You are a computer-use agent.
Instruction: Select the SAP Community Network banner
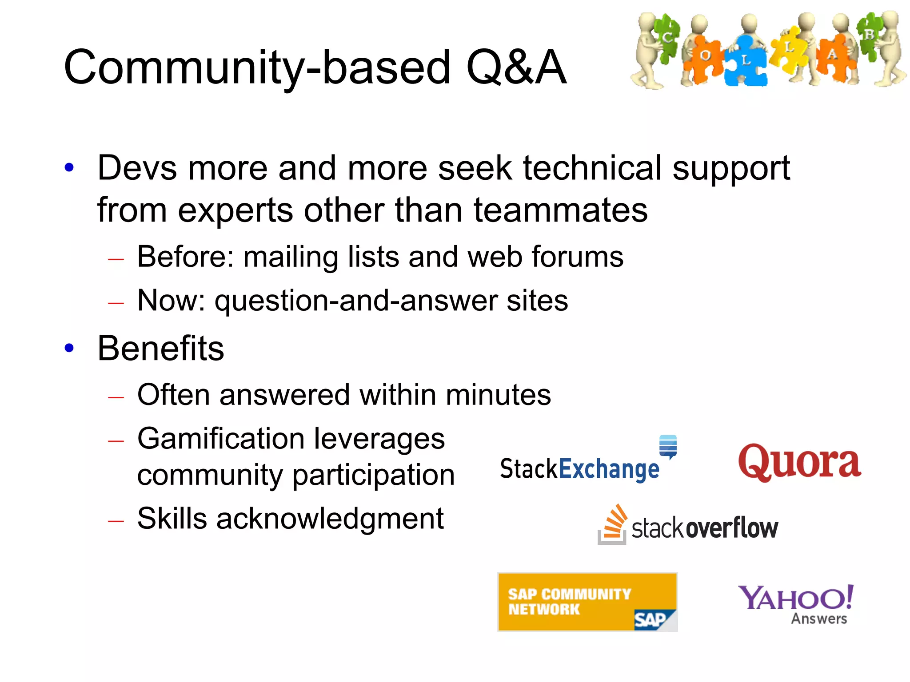click(587, 602)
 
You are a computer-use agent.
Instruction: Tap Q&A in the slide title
click(515, 67)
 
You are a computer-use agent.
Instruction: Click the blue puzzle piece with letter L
click(746, 61)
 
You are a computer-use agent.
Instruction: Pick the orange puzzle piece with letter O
click(705, 56)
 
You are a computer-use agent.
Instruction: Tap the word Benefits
click(161, 348)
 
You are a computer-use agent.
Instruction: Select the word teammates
click(560, 210)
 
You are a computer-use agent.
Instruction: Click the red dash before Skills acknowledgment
click(116, 520)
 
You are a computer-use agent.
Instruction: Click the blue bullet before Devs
click(69, 168)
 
